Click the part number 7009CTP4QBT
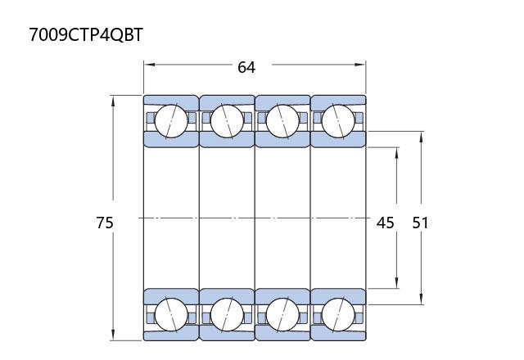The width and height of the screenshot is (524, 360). (86, 34)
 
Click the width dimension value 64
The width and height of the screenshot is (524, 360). (246, 67)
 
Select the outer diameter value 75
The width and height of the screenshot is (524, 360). (105, 223)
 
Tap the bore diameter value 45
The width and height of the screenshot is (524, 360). (386, 223)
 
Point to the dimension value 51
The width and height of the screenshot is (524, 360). (420, 223)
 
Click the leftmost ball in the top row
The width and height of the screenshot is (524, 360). (171, 121)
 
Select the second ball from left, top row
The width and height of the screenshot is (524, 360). (227, 121)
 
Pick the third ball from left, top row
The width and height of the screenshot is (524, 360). (282, 121)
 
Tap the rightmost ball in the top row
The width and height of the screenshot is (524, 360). (338, 121)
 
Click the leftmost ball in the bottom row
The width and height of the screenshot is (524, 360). (171, 314)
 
